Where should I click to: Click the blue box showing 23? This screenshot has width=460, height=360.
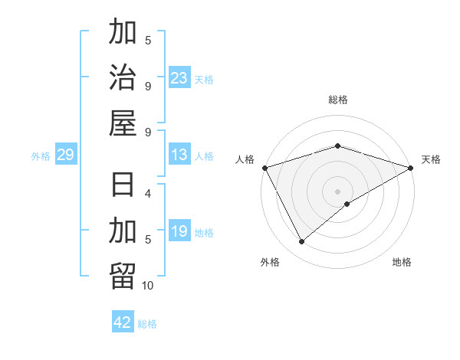coord(179,77)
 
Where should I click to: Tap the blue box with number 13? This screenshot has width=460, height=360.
coord(179,155)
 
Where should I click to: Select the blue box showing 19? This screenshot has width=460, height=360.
coord(179,231)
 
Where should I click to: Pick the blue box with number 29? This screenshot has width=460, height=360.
coord(65,155)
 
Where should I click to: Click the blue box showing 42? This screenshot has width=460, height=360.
coord(123,322)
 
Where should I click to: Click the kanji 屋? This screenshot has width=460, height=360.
coord(123,123)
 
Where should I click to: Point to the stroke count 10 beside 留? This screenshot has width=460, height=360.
coord(148,286)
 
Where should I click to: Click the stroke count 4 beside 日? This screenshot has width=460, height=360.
coord(148,193)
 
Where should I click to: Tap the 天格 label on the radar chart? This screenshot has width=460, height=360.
coord(431,159)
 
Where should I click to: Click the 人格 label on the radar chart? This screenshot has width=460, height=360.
coord(245,159)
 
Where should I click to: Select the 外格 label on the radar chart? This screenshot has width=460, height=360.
coord(270,262)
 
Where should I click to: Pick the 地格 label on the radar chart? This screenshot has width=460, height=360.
coord(402,262)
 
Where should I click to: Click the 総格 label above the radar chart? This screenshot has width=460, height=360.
coord(338,100)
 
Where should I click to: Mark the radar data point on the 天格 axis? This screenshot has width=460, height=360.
coord(412,167)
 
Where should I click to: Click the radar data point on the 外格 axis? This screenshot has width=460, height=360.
coord(301,242)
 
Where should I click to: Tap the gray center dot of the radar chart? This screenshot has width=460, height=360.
coord(338,191)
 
